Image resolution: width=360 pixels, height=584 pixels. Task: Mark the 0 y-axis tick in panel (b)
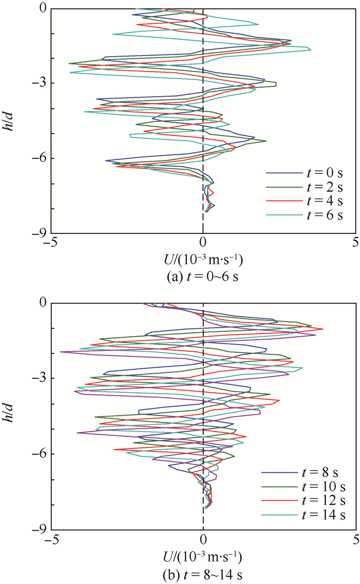[44, 304]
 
